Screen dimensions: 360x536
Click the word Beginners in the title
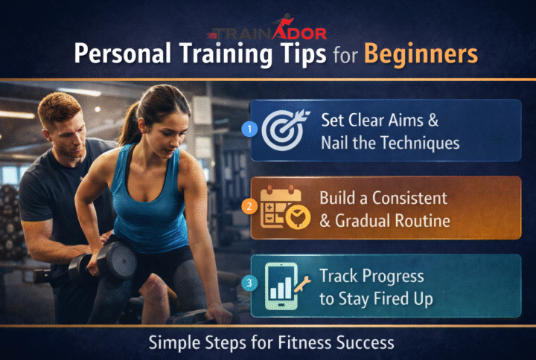click(427, 55)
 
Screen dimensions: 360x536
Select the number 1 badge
click(250, 129)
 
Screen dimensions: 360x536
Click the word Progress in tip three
click(391, 277)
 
